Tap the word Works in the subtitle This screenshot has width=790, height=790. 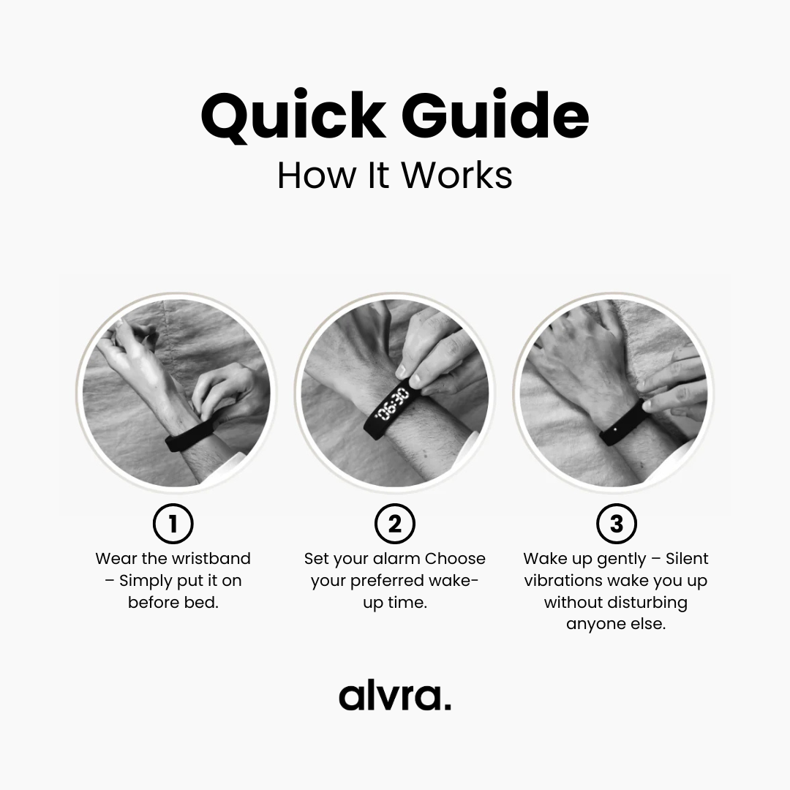pyautogui.click(x=456, y=176)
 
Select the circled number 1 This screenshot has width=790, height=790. pyautogui.click(x=173, y=524)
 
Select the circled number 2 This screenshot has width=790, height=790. pyautogui.click(x=395, y=524)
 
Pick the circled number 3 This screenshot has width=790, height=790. pyautogui.click(x=616, y=524)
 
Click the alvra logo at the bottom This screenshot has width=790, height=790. pyautogui.click(x=395, y=696)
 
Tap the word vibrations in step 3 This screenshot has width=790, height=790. pyautogui.click(x=563, y=580)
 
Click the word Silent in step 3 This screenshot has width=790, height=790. pyautogui.click(x=687, y=559)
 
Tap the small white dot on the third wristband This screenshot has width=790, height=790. pyautogui.click(x=615, y=429)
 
